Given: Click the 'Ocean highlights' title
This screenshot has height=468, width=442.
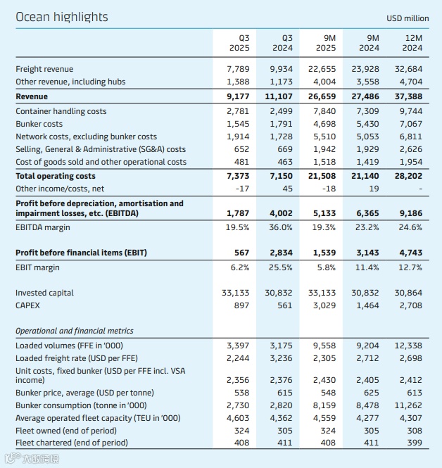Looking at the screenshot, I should pos(61,16).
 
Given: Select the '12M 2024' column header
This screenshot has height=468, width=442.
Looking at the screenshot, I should pos(412,43).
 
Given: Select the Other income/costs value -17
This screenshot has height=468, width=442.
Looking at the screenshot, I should pos(243,189).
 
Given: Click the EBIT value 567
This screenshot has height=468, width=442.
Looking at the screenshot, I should pos(243,253).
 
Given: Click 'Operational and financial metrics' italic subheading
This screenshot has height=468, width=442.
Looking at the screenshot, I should pos(74,331).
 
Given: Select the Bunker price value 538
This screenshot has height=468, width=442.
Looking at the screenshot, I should pos(243,392).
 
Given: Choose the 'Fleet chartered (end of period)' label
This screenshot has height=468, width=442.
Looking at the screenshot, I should pos(72,443).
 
